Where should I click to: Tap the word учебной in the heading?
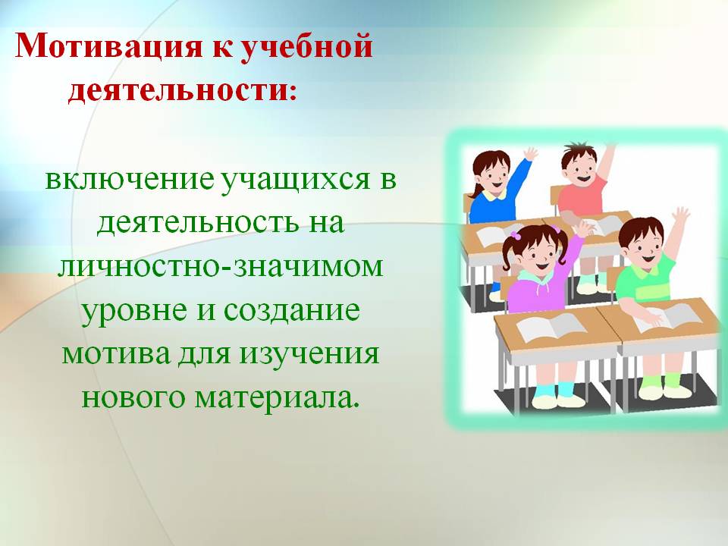307,46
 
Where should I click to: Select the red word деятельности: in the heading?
182,88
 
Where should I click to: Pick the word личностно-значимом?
220,265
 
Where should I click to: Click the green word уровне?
135,311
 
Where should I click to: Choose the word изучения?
309,354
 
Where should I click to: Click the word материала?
277,397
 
